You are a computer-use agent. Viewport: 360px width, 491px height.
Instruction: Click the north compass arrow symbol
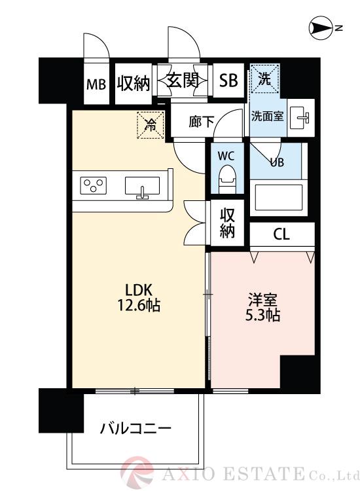pos(320,28)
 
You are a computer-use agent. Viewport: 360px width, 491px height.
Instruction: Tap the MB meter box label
pos(97,84)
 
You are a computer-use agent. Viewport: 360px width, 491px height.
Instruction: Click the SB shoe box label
pos(228,81)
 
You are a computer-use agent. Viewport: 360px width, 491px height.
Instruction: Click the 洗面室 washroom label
pos(267,117)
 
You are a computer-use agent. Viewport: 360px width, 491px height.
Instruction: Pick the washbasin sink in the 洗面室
pos(301,117)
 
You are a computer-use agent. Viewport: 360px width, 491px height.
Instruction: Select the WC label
pos(226,156)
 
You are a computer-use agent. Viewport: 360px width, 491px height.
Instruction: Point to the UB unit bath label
pos(277,162)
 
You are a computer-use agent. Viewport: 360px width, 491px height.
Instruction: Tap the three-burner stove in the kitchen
pos(94,186)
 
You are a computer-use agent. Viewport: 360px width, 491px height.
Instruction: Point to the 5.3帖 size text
pos(263,316)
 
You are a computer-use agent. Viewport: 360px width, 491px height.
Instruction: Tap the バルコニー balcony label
pos(135,429)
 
